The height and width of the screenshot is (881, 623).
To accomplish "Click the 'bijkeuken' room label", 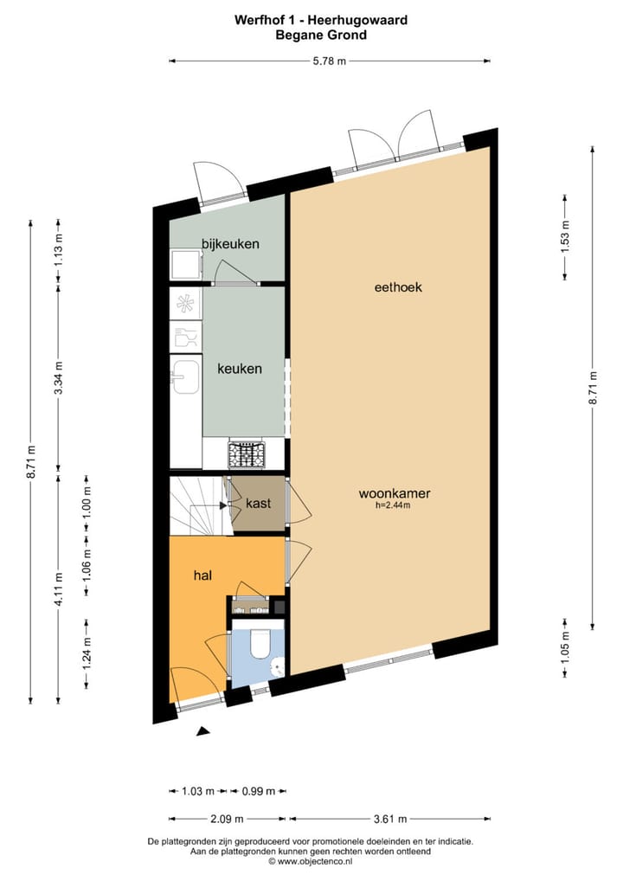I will (230, 244).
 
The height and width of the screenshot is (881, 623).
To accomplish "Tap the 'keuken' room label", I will (240, 369).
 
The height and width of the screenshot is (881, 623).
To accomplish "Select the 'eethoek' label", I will (398, 287).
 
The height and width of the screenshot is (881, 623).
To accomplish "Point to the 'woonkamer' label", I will (395, 494).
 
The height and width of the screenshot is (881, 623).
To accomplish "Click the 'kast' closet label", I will (259, 504).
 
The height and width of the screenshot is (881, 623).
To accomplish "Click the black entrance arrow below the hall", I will (203, 731).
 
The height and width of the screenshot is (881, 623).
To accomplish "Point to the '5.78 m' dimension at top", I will (330, 61).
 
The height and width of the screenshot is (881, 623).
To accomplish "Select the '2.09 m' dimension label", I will (227, 818).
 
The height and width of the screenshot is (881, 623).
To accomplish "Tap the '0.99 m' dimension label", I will (258, 791).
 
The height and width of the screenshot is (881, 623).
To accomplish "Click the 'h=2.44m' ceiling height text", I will (395, 506).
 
